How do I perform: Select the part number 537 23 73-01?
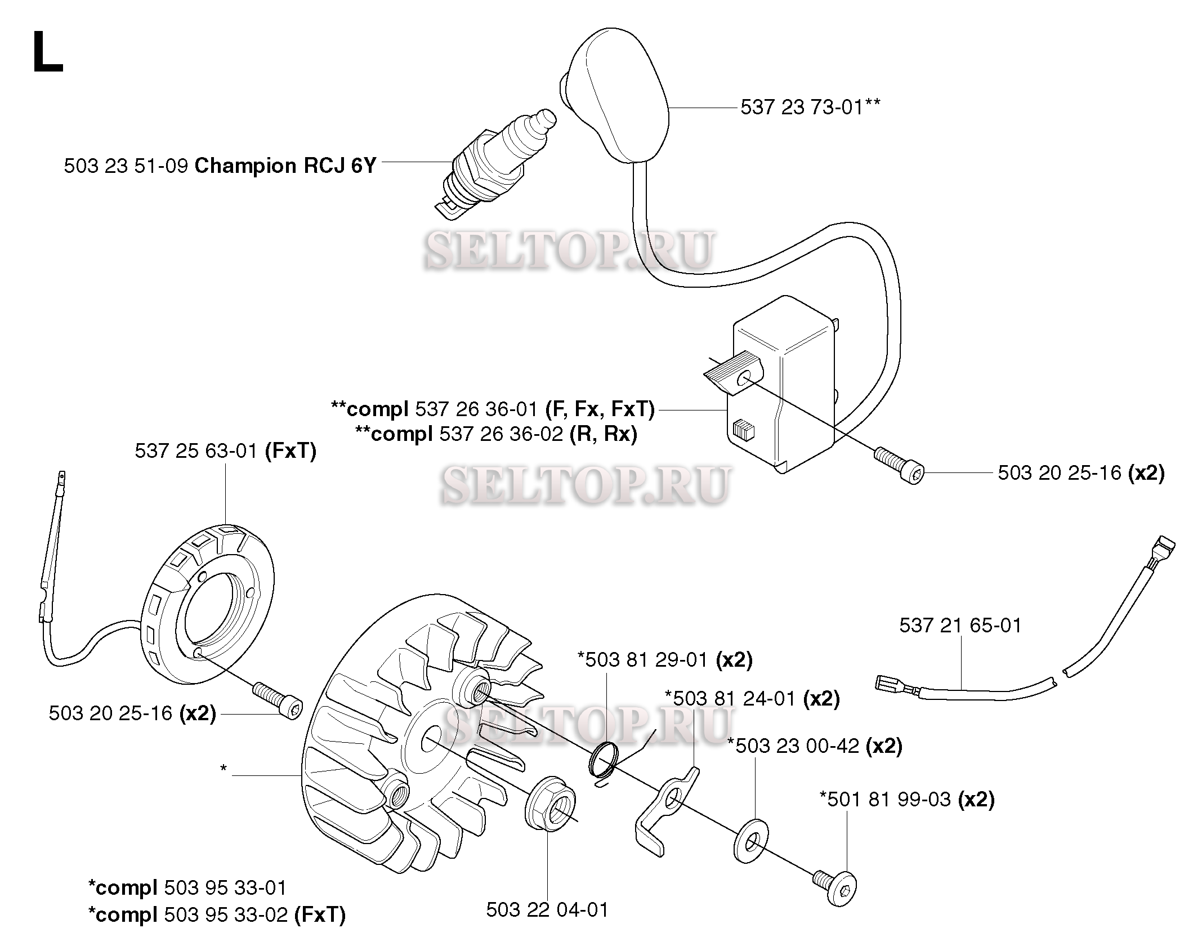(x=802, y=107)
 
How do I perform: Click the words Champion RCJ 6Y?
(x=285, y=166)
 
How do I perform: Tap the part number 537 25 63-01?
(x=196, y=450)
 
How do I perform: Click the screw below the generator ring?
(x=278, y=699)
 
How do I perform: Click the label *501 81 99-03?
(x=885, y=799)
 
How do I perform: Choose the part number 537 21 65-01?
(x=960, y=625)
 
